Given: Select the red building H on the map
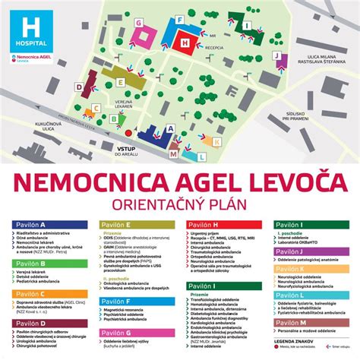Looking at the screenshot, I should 183,43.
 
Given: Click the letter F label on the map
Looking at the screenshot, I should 178,18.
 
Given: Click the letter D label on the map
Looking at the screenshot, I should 79,87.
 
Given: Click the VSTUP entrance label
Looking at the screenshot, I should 125,150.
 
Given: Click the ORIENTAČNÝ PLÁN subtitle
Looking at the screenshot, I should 180,205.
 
